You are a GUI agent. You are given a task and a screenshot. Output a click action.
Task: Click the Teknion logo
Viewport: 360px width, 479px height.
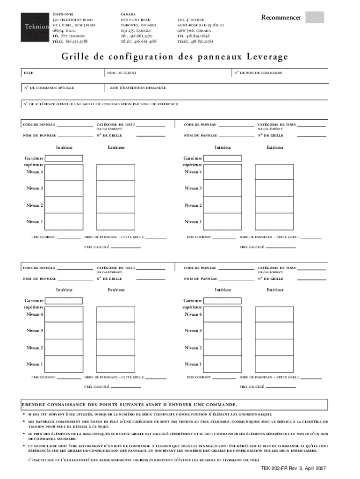(x=36, y=26)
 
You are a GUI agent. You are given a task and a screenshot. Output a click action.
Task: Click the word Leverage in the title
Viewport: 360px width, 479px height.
(x=266, y=57)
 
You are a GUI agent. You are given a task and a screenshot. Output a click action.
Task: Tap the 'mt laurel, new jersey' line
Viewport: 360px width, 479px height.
(x=73, y=25)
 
